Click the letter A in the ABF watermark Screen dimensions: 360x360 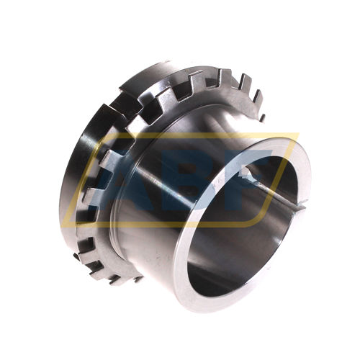[x=113, y=182]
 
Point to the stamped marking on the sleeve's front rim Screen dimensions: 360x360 [x=225, y=178]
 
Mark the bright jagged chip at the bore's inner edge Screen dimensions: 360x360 [x=250, y=176]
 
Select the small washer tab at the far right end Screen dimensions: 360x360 [x=263, y=117]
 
